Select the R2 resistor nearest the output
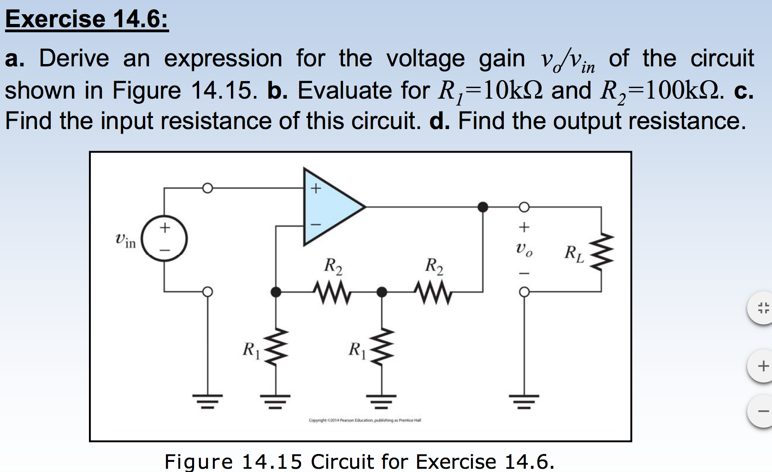(434, 292)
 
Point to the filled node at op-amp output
(483, 207)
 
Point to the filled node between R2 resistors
(382, 292)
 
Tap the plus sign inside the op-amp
(315, 189)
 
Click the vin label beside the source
(125, 240)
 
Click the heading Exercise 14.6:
(87, 19)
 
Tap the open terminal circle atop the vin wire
(207, 188)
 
